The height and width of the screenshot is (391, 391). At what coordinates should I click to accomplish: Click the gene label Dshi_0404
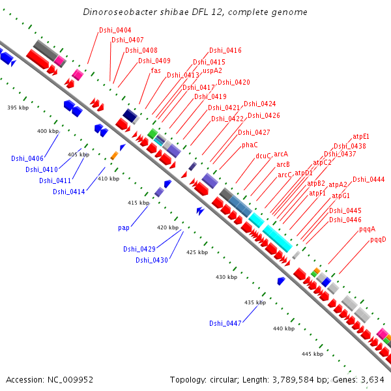(x=115, y=31)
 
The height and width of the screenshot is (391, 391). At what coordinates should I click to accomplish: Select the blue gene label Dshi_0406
(x=27, y=158)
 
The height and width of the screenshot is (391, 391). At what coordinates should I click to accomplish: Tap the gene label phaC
(x=250, y=145)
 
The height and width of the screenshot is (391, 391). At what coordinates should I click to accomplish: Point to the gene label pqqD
(x=378, y=239)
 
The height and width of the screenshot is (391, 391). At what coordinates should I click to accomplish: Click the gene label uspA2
(x=212, y=70)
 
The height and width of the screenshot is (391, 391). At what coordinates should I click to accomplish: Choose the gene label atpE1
(x=361, y=137)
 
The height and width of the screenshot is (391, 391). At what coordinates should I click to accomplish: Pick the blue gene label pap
(x=124, y=227)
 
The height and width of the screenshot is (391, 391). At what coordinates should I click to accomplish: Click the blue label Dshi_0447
(x=225, y=323)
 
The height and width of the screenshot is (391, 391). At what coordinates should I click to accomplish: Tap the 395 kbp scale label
(x=18, y=108)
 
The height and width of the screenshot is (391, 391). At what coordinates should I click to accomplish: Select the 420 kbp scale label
(x=167, y=227)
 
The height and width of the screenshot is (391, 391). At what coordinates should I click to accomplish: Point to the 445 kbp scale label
(x=313, y=354)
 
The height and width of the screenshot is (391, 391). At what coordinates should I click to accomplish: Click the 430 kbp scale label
(x=226, y=278)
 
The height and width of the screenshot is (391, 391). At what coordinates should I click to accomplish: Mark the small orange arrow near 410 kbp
(x=114, y=155)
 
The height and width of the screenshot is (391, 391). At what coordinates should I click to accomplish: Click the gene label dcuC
(x=263, y=156)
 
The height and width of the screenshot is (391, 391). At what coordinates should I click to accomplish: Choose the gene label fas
(x=156, y=70)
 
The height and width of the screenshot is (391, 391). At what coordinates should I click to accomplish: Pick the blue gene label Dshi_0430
(x=152, y=260)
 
